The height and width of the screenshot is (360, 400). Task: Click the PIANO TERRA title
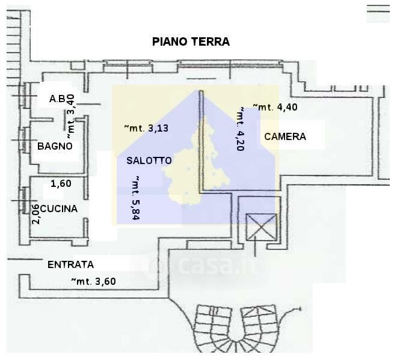191,41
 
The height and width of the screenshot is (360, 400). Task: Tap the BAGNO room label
55,147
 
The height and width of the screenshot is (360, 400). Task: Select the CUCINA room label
59,209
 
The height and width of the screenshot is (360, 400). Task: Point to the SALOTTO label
149,160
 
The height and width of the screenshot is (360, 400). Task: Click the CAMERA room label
285,136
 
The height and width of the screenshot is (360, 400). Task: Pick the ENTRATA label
70,264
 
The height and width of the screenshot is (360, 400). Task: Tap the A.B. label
57,99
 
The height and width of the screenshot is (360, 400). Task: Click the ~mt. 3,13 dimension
146,128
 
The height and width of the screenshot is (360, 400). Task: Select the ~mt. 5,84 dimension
136,198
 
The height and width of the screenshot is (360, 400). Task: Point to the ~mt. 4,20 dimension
241,129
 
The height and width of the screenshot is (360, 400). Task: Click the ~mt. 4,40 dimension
275,107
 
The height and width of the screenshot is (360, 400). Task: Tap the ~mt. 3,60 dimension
93,281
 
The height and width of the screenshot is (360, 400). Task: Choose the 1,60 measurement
61,183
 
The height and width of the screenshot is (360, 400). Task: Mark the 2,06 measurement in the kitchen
36,215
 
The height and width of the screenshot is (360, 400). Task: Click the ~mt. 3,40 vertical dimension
70,117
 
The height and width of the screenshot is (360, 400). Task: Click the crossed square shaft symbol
262,227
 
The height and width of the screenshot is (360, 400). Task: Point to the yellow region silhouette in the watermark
197,163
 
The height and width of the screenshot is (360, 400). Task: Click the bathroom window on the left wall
25,140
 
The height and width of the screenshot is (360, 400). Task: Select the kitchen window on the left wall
24,200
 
